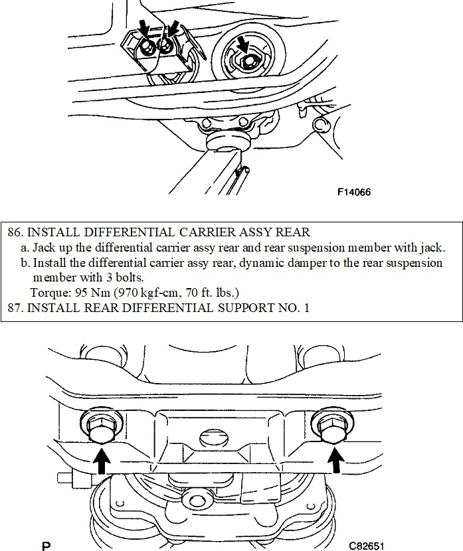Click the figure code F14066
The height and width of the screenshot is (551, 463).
click(353, 193)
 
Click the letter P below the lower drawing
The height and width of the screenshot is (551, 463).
click(46, 546)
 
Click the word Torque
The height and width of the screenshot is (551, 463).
click(48, 292)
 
